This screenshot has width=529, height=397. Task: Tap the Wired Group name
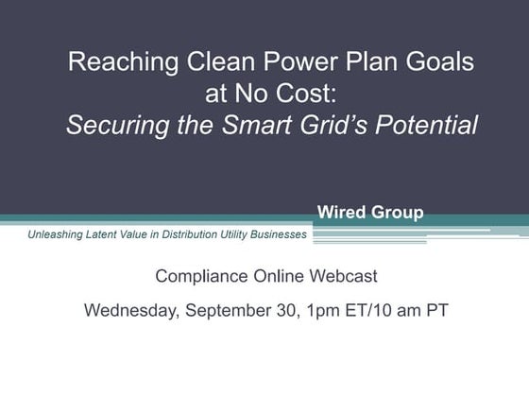pyautogui.click(x=369, y=213)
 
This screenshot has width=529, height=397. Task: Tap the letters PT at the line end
pyautogui.click(x=434, y=309)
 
